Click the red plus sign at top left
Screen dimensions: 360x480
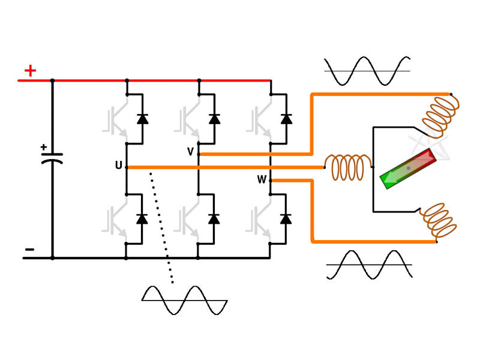click(x=29, y=71)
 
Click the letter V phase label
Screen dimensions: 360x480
click(x=191, y=152)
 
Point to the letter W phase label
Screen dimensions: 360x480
click(x=262, y=179)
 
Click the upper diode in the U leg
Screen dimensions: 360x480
click(x=142, y=118)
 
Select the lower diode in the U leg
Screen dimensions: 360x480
click(x=142, y=218)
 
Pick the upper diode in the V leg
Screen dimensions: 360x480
click(x=214, y=118)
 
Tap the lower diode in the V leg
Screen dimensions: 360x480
click(x=214, y=218)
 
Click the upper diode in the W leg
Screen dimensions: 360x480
click(x=286, y=118)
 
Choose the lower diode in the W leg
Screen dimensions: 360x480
click(x=286, y=218)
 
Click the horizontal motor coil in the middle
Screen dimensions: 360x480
click(x=348, y=167)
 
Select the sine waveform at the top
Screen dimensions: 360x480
click(x=367, y=71)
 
